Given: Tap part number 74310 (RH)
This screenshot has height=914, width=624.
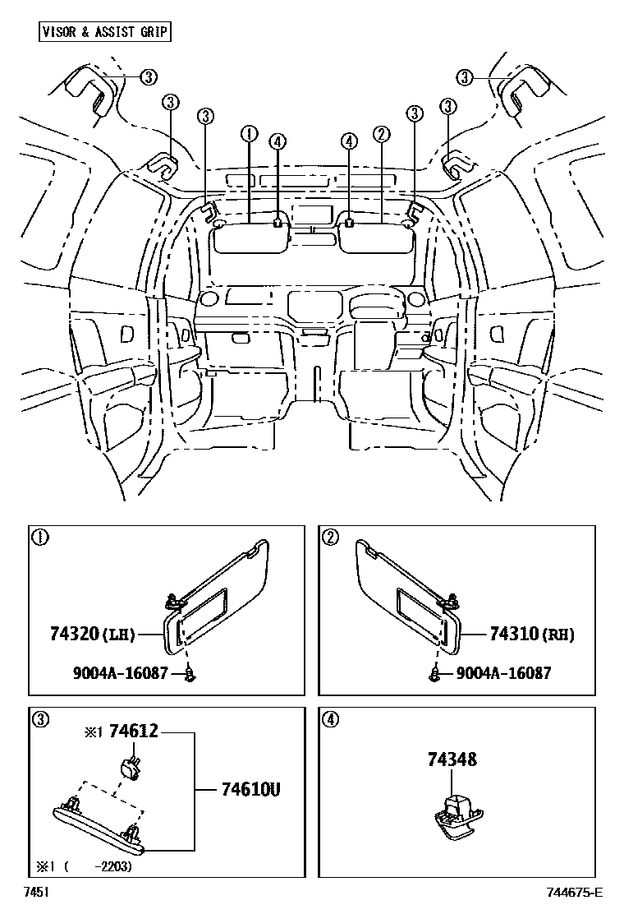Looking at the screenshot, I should (531, 634).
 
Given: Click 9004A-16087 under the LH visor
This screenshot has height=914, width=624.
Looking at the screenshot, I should (121, 673).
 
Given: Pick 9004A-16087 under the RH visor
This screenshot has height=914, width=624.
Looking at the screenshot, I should (502, 673).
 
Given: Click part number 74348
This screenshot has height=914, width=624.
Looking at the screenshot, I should (452, 760).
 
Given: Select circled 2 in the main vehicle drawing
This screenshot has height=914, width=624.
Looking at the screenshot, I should (380, 133).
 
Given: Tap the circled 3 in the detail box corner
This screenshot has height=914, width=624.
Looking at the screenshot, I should (39, 720).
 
